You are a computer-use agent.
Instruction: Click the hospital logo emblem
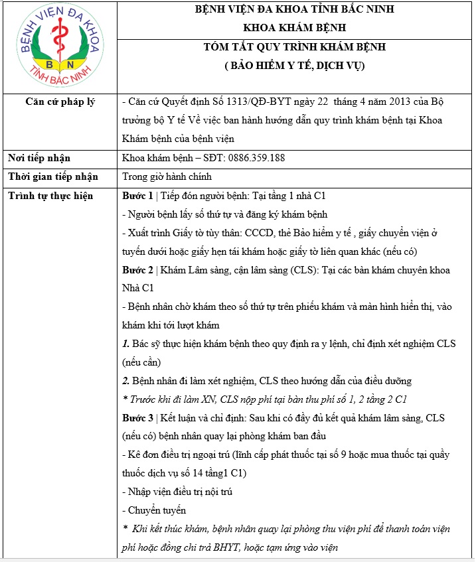coord(59,48)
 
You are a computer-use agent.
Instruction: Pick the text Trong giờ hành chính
coord(167,176)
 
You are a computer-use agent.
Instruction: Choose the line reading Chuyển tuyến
coord(155,510)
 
